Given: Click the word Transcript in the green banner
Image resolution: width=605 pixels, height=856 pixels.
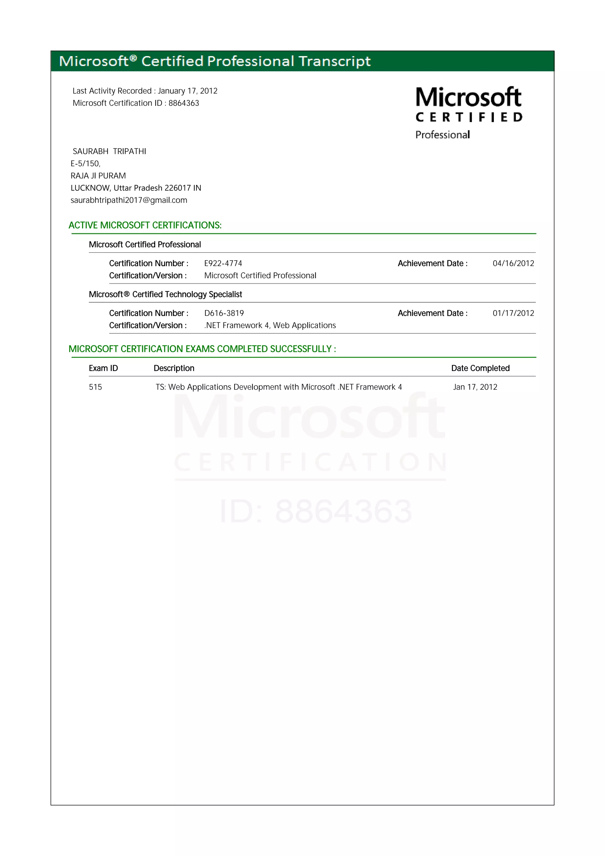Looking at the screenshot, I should (x=334, y=61).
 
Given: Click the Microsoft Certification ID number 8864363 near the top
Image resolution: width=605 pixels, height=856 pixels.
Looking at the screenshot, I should (x=183, y=103).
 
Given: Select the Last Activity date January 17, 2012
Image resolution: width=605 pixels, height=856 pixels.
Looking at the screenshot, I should (x=188, y=91).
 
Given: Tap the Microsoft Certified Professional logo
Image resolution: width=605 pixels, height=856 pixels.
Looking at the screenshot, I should (x=469, y=113).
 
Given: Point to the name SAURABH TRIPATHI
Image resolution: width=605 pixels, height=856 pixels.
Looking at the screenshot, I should (x=109, y=151).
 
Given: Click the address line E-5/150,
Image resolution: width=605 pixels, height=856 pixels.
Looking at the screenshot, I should (x=86, y=164).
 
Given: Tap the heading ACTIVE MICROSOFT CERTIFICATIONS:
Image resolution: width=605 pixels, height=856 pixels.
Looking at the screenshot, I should (x=145, y=225).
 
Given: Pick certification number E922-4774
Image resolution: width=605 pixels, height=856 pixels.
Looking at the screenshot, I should (x=223, y=263).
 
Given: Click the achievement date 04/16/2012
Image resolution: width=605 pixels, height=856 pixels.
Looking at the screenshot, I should (x=513, y=263).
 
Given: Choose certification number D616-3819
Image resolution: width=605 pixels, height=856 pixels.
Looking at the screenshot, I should (x=224, y=313).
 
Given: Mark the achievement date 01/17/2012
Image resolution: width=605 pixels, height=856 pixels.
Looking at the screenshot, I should (x=513, y=313).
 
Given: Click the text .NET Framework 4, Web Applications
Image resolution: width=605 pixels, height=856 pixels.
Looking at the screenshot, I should (x=270, y=326).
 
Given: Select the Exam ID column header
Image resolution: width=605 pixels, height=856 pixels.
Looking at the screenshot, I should (x=103, y=368).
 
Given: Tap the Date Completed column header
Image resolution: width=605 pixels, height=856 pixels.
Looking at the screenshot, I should (x=480, y=368).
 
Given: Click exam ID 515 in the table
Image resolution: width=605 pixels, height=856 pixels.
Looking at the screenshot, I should (x=95, y=387).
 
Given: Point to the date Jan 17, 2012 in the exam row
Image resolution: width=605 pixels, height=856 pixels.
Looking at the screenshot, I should (x=475, y=387).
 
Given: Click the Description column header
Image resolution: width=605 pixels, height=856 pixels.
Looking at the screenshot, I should (x=174, y=368).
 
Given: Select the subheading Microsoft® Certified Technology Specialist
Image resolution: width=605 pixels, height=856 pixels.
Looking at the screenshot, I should (x=165, y=294).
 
